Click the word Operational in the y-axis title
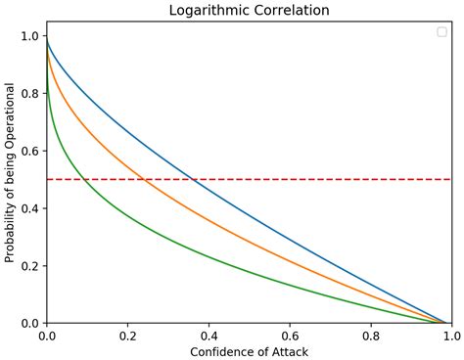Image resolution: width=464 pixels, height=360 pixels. (11, 120)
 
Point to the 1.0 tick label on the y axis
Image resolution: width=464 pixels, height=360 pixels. (30, 36)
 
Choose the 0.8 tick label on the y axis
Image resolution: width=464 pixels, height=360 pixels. (30, 94)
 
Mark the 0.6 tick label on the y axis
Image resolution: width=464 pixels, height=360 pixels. (30, 151)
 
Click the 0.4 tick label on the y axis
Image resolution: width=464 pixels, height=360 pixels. (30, 208)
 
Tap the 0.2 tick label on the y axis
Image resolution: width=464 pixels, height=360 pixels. (30, 266)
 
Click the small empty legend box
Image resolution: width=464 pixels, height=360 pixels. (441, 32)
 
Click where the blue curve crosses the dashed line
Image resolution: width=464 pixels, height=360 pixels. (194, 179)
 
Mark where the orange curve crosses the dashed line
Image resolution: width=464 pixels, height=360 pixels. (144, 179)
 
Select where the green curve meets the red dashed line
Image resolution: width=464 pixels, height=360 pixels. (86, 179)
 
